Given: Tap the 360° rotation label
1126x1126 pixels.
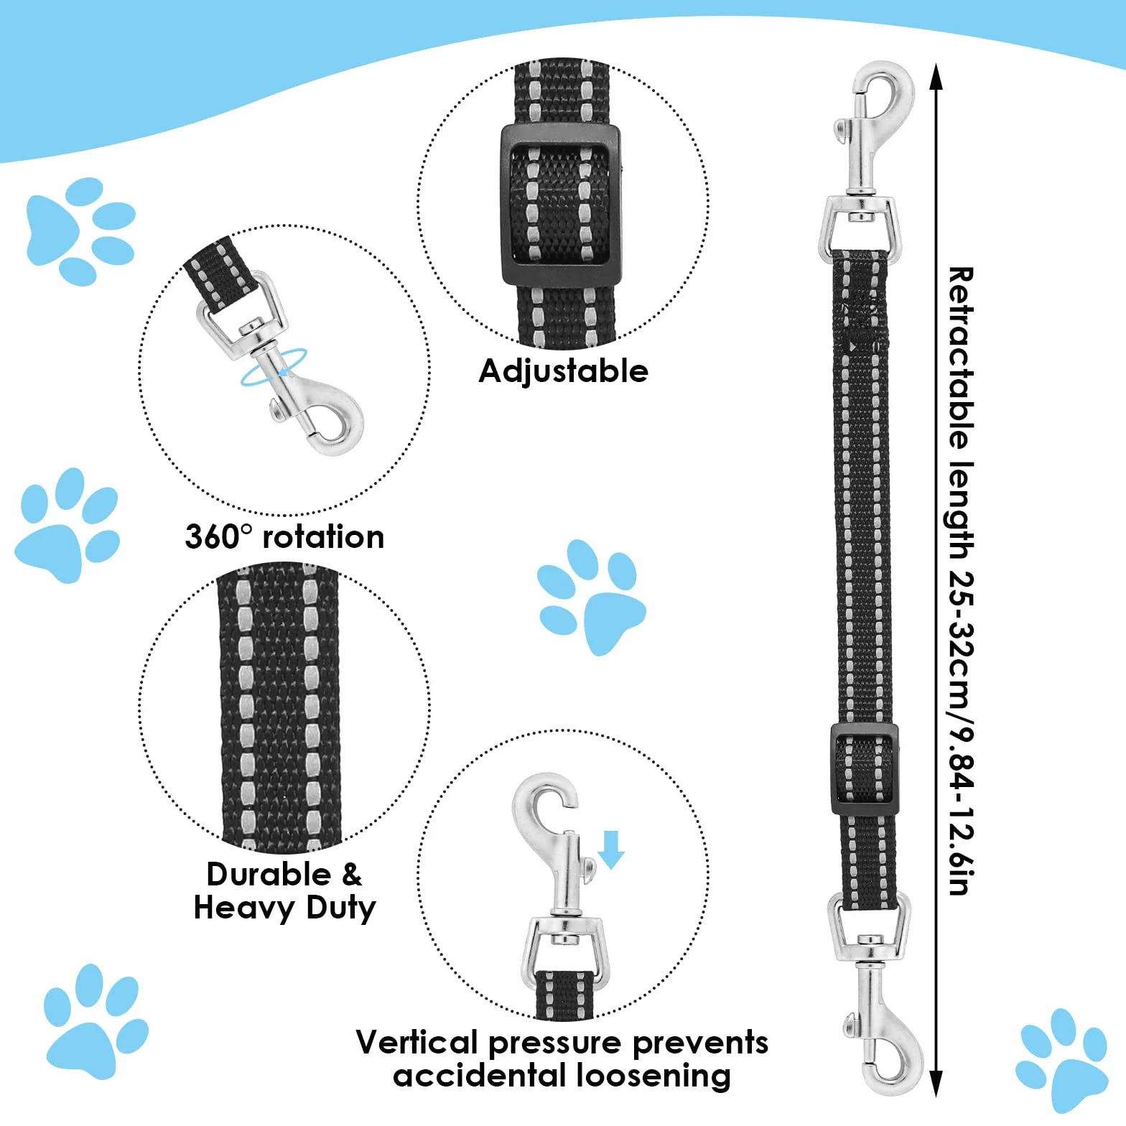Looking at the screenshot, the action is point(284,537).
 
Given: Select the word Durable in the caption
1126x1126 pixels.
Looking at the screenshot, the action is point(269,875).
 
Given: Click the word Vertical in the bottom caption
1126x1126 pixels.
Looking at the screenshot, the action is point(417,1042).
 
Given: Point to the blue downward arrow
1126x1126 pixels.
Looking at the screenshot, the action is point(611,850).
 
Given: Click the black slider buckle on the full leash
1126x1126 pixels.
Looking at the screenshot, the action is point(865,769).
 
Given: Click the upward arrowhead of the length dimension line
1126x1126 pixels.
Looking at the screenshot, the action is point(935,76).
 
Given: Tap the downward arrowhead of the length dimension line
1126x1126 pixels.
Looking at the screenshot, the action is point(935,1084).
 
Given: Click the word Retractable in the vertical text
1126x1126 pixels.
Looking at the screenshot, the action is point(961,358).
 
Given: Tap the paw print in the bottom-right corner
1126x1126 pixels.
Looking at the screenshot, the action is point(1062,1060).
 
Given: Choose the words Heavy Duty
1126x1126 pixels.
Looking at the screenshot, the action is point(284,908).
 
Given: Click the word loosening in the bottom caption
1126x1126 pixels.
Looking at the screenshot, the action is point(653,1076).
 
